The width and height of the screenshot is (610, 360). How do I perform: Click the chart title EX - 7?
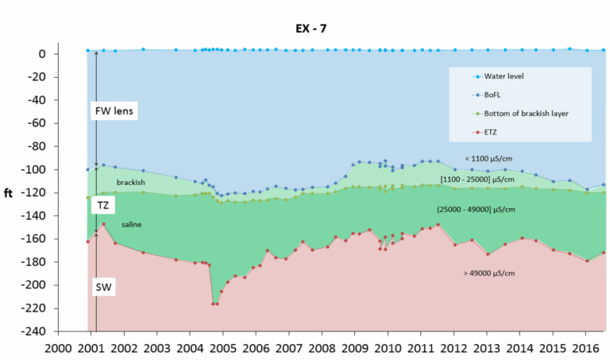coord(306,29)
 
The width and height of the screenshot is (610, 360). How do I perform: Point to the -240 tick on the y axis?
coord(38,331)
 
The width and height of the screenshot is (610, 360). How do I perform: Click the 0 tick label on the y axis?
coord(47,54)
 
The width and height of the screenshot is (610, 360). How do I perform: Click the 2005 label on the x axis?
coord(222,348)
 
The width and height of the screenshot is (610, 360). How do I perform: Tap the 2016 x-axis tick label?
coord(585,348)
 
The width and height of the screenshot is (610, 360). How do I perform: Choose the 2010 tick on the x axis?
coord(388,348)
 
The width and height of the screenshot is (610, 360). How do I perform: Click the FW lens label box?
coord(114,111)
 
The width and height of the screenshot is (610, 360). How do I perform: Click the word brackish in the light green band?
coord(130,183)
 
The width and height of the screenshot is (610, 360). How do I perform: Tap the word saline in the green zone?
coord(132,225)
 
